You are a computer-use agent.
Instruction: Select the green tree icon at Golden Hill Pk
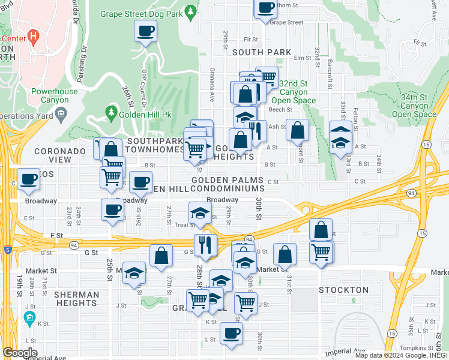click(x=110, y=112)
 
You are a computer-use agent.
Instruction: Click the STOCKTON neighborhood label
click(x=343, y=290)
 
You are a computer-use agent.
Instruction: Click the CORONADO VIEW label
click(x=60, y=155)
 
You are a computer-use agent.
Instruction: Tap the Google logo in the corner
click(x=19, y=353)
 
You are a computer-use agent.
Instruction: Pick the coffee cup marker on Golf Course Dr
click(x=146, y=31)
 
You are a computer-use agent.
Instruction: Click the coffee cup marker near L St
click(x=231, y=333)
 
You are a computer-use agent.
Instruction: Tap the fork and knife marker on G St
click(x=205, y=244)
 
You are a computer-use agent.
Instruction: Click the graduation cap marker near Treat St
click(x=200, y=212)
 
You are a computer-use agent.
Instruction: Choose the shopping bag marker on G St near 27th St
click(x=161, y=256)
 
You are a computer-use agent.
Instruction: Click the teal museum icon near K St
click(x=29, y=317)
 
